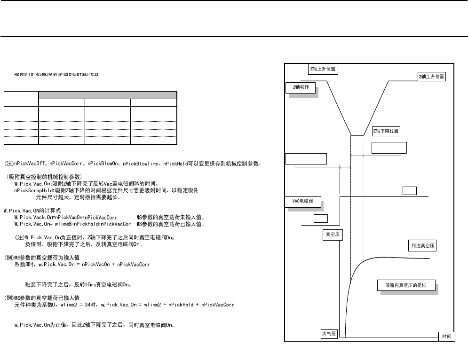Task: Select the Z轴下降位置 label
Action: [x=386, y=131]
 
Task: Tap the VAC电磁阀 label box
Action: [x=303, y=202]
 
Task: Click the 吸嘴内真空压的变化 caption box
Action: [x=406, y=286]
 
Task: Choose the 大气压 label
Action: [x=328, y=334]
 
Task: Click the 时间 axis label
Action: [x=446, y=337]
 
